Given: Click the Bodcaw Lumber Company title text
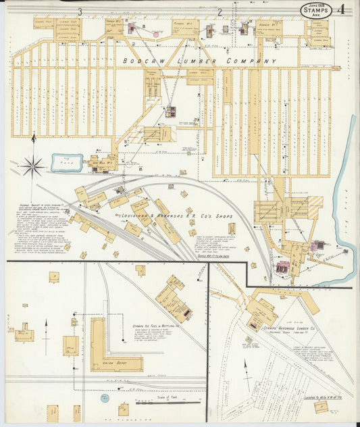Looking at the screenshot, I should [191, 61].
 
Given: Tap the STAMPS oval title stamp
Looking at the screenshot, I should [316, 10].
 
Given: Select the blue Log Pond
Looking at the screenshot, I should [67, 163].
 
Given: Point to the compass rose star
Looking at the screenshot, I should [32, 165].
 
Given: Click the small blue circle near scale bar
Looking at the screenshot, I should [105, 399].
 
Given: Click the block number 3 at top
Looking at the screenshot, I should [80, 11].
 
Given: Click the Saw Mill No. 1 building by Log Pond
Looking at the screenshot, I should [101, 163].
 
